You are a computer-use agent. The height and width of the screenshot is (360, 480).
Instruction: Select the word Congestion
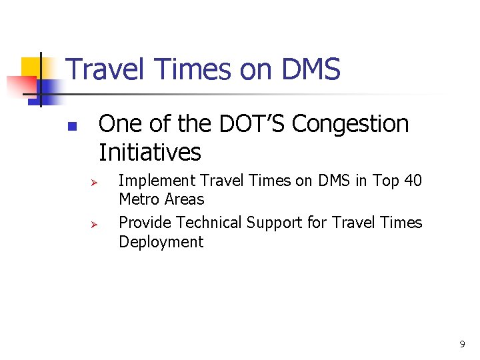(x=351, y=124)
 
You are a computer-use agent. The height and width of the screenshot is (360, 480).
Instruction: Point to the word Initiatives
(x=149, y=153)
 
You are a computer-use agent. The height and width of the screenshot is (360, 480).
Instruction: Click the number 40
(x=413, y=181)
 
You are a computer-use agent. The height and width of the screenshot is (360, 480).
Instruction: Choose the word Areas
(x=184, y=199)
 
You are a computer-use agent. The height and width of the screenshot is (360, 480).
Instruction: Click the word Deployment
(x=161, y=242)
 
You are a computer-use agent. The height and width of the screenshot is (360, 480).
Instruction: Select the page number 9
(x=462, y=345)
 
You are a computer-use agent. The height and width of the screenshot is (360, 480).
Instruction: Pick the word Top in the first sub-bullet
(x=386, y=181)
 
